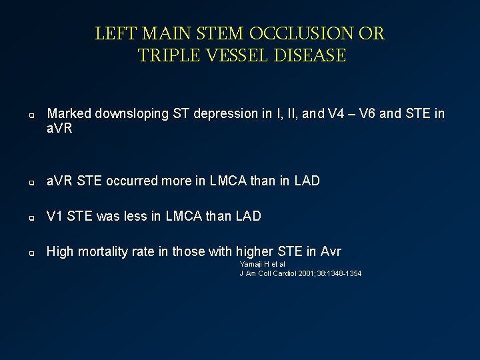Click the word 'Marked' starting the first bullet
point(69,114)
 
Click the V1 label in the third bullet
point(55,216)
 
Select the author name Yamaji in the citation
point(250,265)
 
